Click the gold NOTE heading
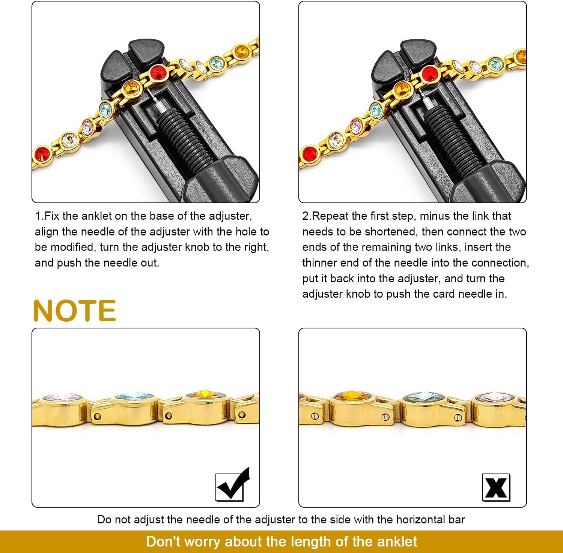coord(74,311)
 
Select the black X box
coord(496,487)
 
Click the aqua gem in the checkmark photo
coord(134,396)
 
